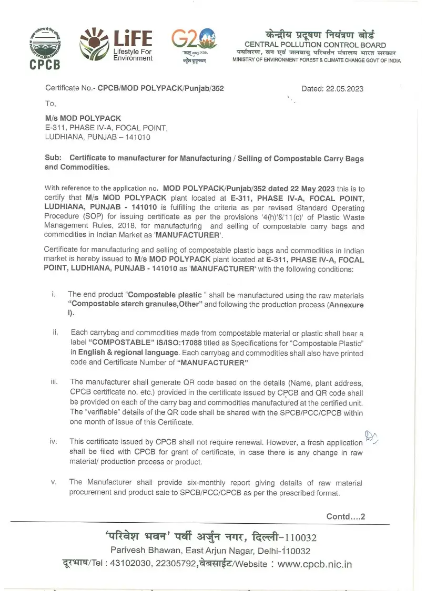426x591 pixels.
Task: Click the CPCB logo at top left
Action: click(45, 48)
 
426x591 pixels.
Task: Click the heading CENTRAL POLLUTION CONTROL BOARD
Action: click(315, 45)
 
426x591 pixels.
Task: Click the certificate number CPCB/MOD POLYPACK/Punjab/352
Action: click(161, 88)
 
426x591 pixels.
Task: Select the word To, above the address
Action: click(50, 103)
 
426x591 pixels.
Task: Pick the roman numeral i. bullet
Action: click(54, 294)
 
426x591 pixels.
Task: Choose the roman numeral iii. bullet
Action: click(54, 382)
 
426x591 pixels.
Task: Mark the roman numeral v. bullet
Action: click(54, 482)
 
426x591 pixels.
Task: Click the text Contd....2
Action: click(346, 516)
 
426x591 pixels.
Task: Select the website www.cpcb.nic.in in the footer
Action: click(315, 565)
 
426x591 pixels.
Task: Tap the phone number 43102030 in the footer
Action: click(131, 565)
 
